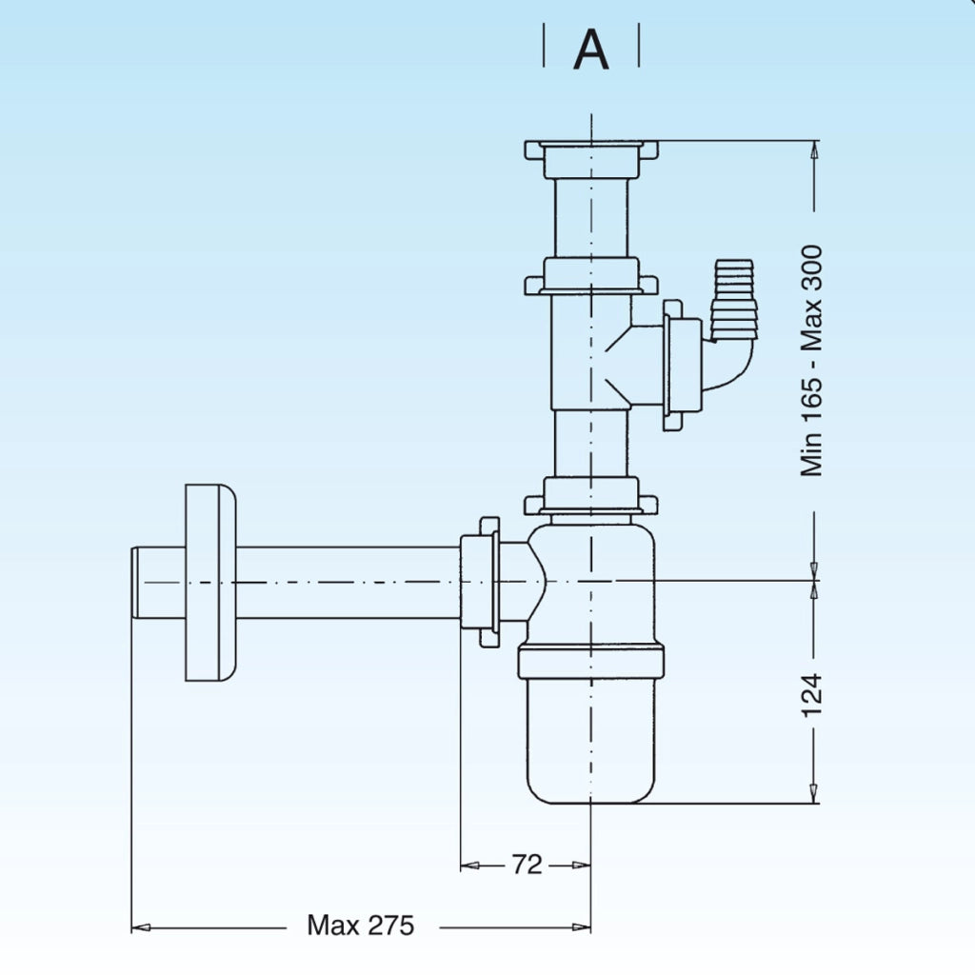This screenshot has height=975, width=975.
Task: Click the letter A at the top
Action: pos(590,50)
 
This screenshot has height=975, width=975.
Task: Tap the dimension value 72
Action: pos(527,865)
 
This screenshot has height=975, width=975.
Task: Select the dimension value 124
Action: pos(812,695)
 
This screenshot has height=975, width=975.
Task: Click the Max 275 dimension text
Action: pos(361,925)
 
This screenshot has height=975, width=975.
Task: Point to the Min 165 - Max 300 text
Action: pos(812,361)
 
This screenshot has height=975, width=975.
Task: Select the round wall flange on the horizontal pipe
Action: pos(210,583)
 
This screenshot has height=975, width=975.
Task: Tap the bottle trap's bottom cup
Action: pos(590,740)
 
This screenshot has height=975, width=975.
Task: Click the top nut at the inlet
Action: pos(590,159)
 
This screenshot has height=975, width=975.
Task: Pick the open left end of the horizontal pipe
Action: pos(135,583)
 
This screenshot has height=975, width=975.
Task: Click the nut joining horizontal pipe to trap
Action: pos(480,582)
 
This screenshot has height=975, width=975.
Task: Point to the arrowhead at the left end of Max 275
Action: pos(141,927)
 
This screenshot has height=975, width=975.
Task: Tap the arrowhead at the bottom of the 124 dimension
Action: pos(813,793)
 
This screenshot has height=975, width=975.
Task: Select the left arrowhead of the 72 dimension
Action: pos(469,865)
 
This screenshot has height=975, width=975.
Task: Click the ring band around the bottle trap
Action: pos(590,662)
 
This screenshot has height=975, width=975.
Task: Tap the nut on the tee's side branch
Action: pos(682,365)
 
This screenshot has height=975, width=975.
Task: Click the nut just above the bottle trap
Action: pos(590,495)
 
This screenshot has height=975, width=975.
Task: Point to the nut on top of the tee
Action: pos(590,276)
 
